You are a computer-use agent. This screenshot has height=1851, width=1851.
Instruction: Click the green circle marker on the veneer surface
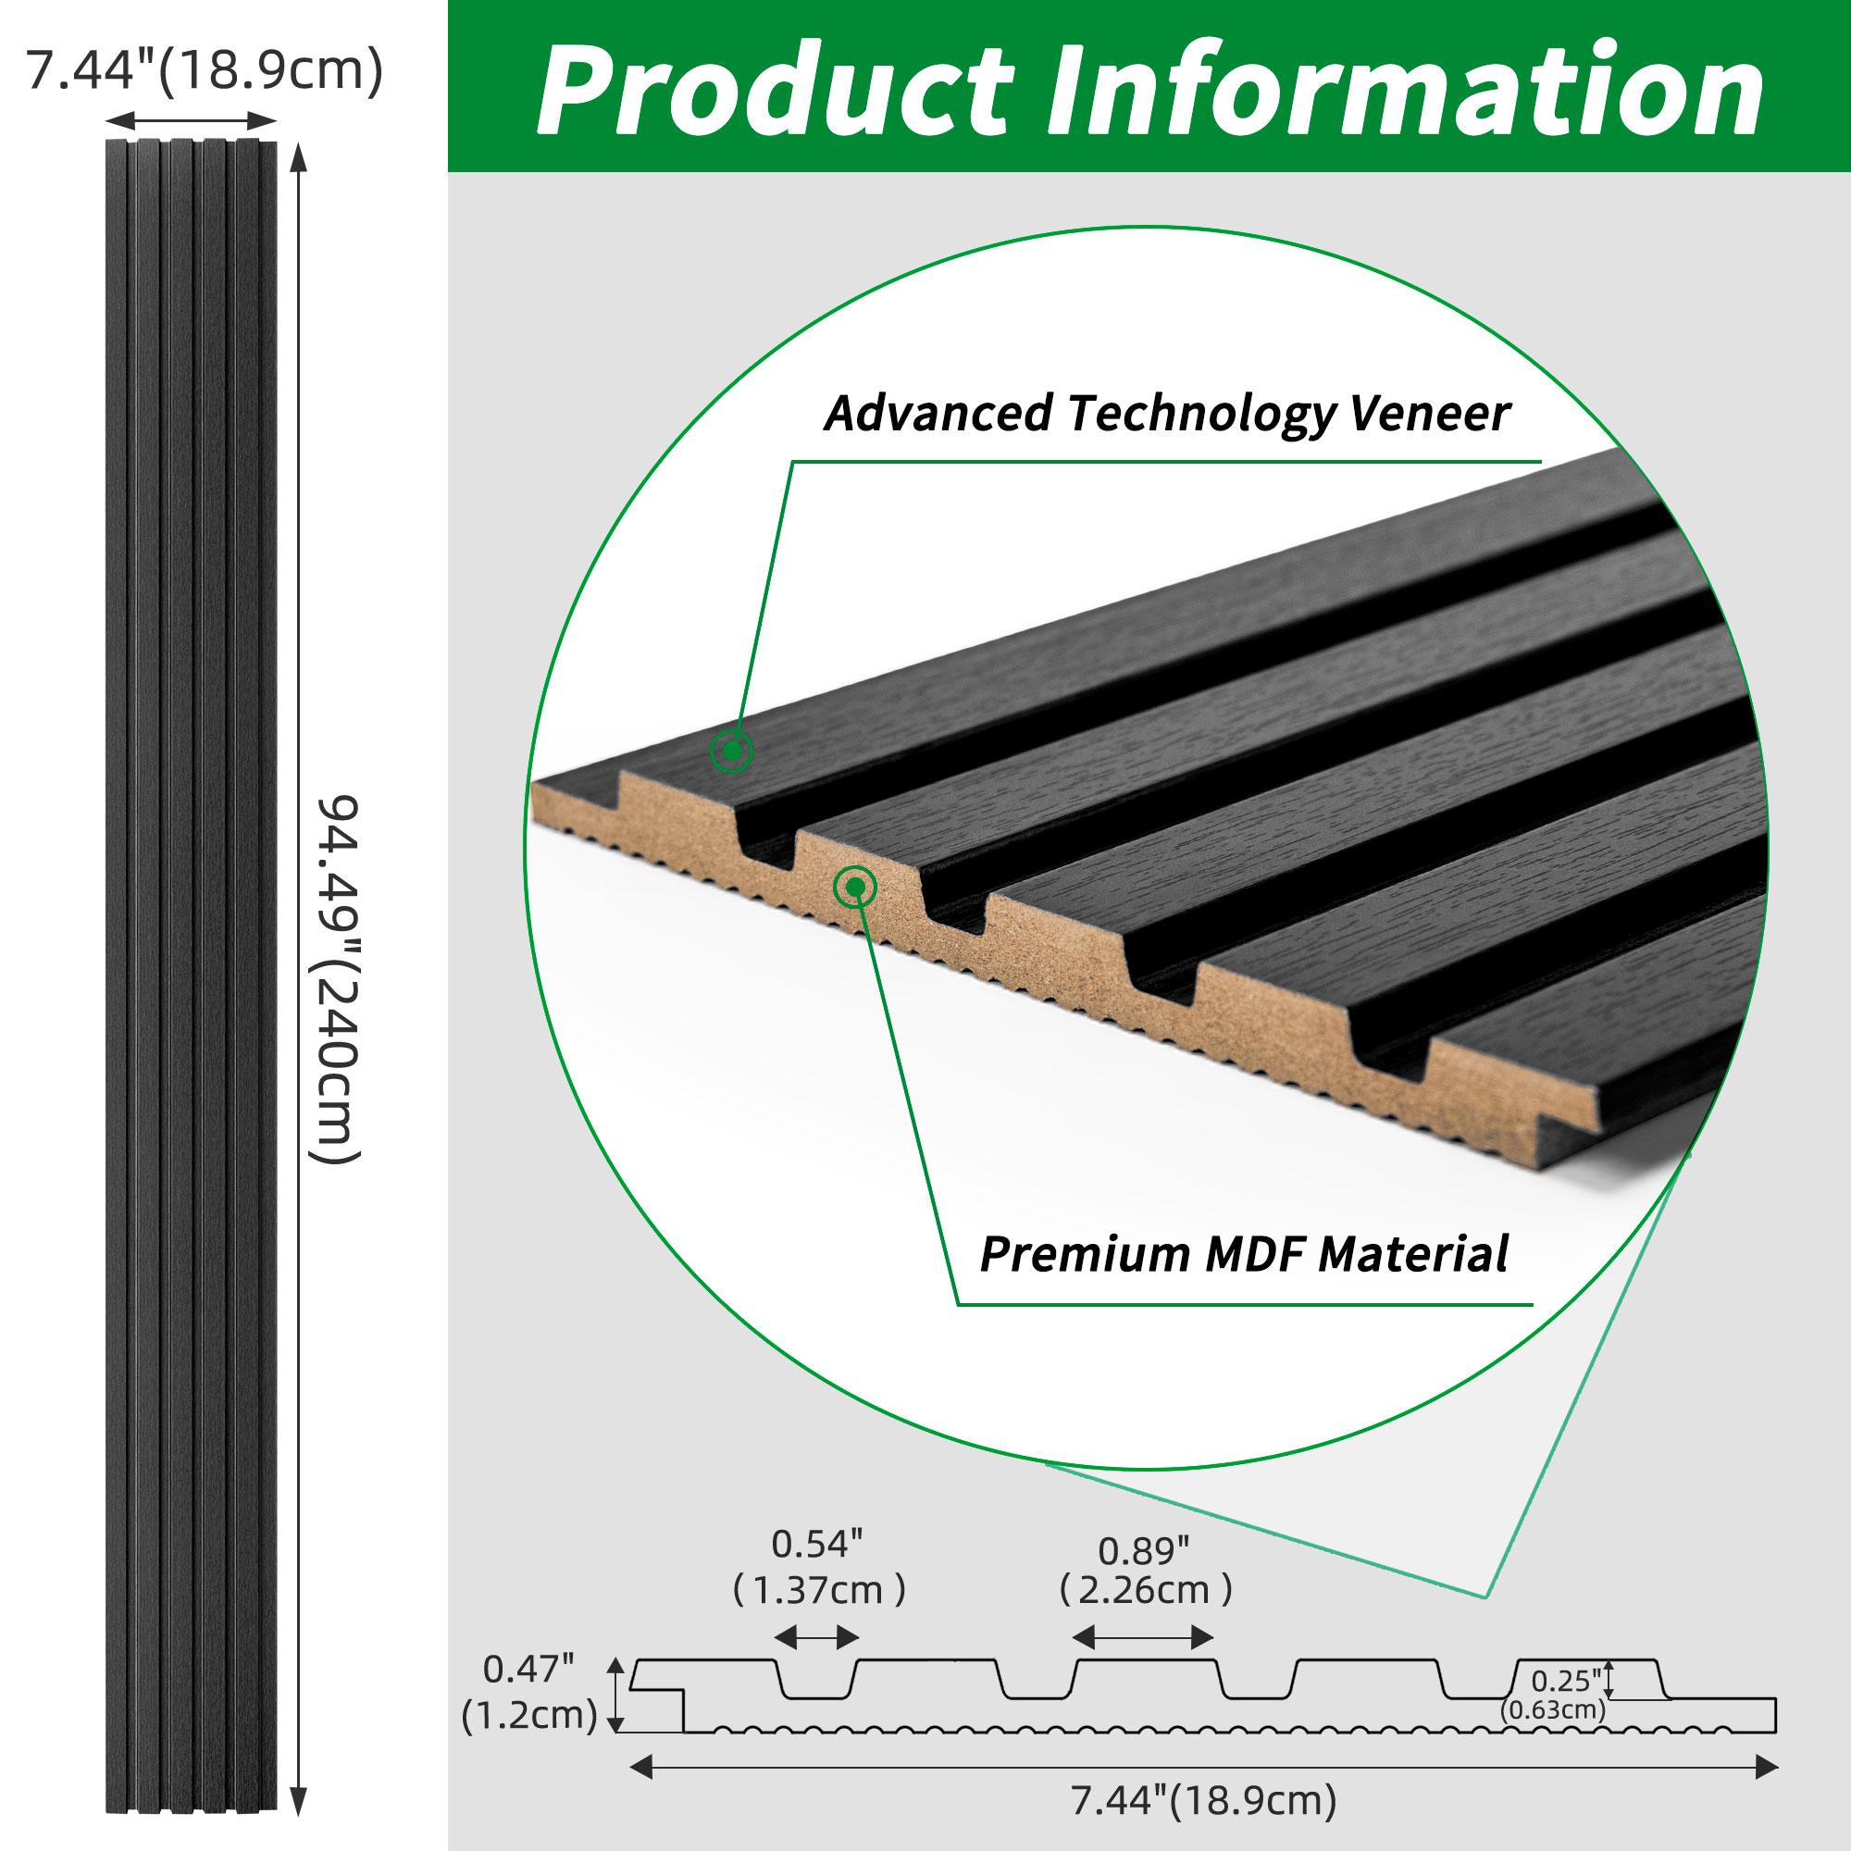tap(731, 752)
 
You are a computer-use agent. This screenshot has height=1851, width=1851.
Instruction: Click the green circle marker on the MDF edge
tap(854, 888)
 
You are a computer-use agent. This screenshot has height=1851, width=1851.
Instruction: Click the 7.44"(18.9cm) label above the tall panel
tap(204, 70)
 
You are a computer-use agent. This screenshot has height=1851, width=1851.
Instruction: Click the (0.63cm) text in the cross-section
tap(1553, 1735)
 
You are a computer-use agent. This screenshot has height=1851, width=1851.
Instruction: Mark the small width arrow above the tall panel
tap(190, 120)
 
